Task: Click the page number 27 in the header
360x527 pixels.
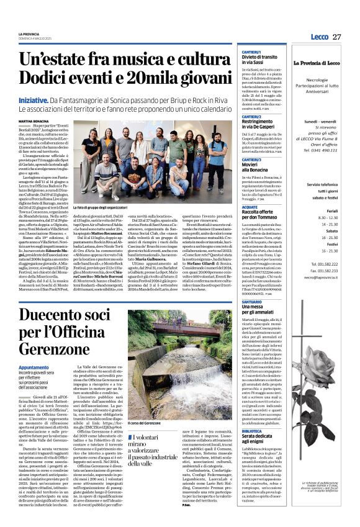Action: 337,37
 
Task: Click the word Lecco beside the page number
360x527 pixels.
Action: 320,37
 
